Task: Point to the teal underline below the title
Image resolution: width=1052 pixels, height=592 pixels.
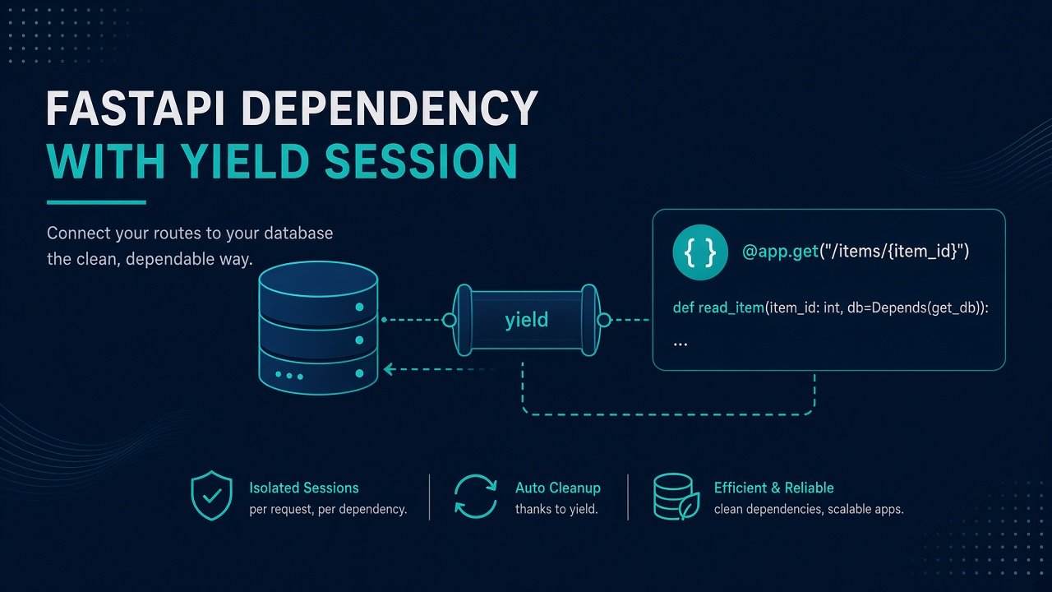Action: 96,202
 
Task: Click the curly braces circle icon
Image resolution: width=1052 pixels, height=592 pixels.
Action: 700,252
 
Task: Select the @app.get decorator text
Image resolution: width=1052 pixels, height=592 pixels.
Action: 780,252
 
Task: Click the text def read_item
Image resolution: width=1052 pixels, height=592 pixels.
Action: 718,308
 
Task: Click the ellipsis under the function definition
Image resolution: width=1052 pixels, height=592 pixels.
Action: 680,345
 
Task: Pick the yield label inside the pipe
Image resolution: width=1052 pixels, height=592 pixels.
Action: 527,320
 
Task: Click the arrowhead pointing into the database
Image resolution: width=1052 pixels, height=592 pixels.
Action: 388,369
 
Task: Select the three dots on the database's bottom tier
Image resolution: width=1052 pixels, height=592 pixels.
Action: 289,376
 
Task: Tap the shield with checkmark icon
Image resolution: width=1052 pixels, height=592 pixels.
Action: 212,495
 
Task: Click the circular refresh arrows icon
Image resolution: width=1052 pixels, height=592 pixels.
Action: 476,497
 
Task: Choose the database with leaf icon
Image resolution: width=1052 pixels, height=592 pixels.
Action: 676,497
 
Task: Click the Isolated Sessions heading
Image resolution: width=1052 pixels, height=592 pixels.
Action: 304,488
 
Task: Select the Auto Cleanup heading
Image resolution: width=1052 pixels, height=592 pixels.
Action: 558,488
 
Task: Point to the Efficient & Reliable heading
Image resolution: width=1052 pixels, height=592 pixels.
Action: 774,488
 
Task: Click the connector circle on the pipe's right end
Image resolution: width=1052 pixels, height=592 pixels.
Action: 604,320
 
